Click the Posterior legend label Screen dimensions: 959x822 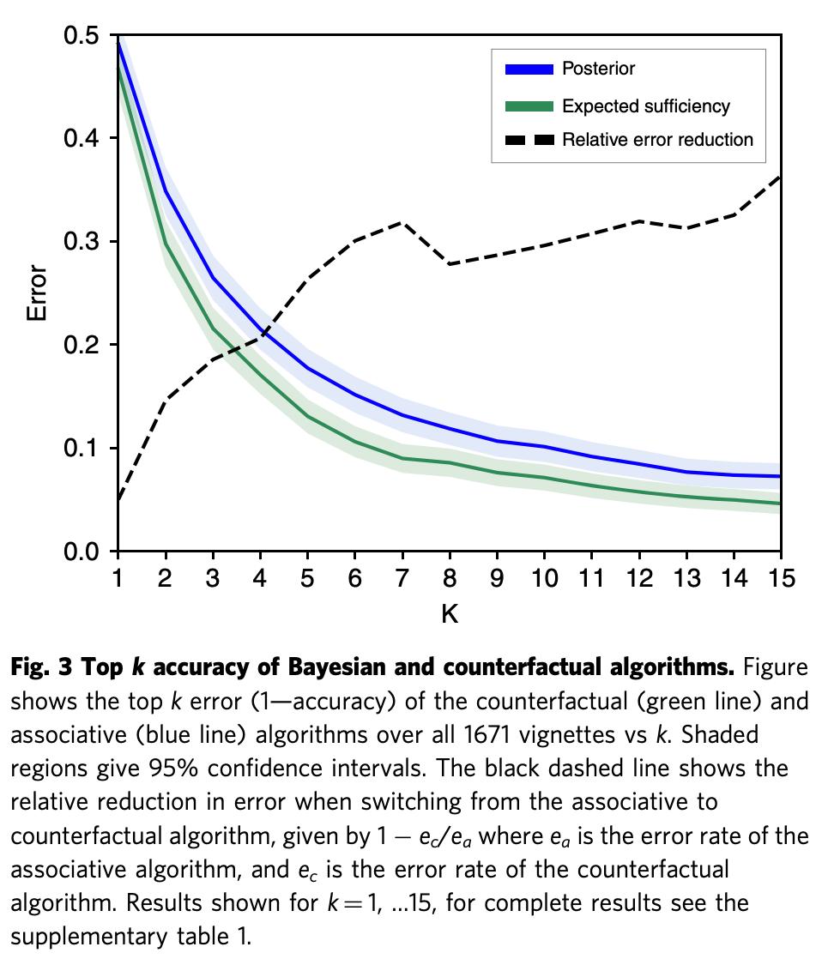click(x=598, y=69)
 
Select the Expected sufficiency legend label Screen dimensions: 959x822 click(x=645, y=106)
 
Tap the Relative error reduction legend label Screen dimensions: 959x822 click(x=657, y=140)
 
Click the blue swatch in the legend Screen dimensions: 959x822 click(x=529, y=69)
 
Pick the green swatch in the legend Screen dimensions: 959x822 click(x=529, y=106)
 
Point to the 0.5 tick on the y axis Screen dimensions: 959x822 click(x=82, y=36)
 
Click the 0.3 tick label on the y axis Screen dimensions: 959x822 click(x=82, y=242)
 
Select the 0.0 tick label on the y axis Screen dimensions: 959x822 click(x=82, y=552)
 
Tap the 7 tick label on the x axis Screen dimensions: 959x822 click(x=402, y=578)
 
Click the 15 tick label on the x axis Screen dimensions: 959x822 click(x=780, y=578)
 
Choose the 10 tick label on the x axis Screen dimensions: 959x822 click(x=544, y=578)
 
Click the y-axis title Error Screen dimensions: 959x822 click(x=37, y=293)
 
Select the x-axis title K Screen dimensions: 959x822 click(x=449, y=614)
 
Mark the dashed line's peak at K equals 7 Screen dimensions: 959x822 click(x=402, y=223)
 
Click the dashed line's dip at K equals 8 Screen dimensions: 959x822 click(x=450, y=263)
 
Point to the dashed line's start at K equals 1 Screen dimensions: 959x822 click(x=118, y=499)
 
